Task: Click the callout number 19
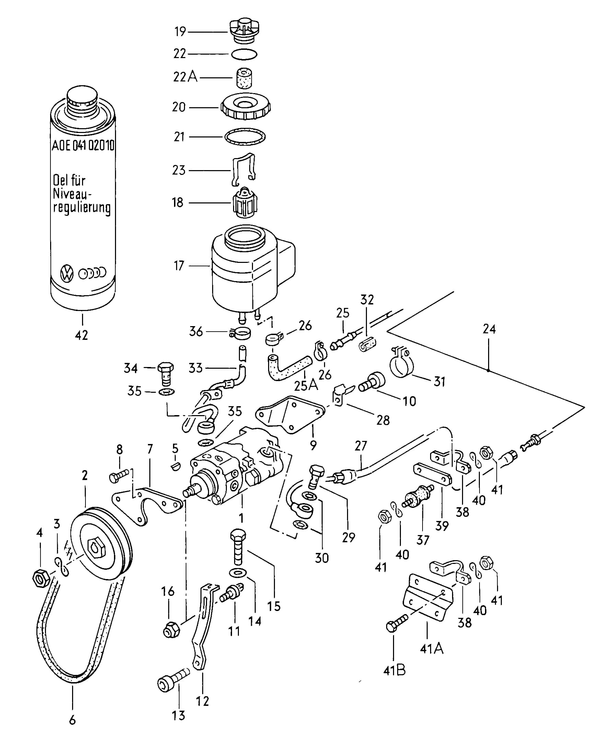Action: click(180, 32)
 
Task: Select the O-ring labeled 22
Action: click(244, 54)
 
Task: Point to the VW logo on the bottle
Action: click(67, 273)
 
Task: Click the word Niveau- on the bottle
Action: click(72, 194)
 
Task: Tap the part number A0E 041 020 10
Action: click(83, 145)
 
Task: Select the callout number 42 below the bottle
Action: click(81, 335)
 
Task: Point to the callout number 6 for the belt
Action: click(72, 720)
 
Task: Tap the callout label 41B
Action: click(394, 670)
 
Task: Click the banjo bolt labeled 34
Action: click(165, 374)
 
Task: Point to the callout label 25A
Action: click(306, 386)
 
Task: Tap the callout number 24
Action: click(489, 329)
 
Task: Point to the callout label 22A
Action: click(185, 77)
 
